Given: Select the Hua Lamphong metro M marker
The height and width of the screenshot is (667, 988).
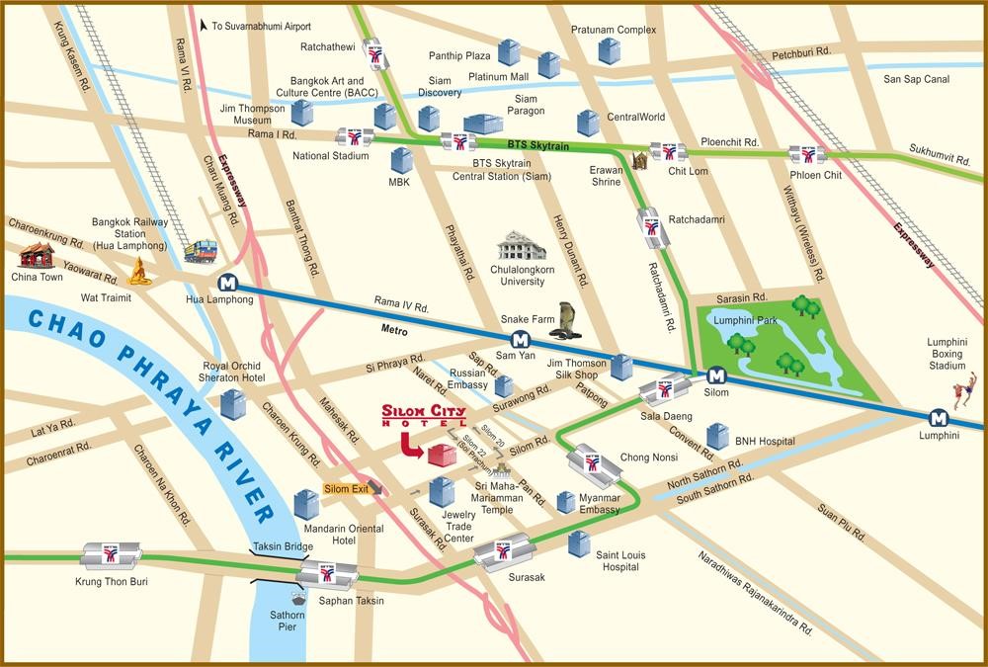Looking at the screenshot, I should tap(228, 282).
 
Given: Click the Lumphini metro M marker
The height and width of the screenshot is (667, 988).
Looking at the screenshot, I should tap(935, 417).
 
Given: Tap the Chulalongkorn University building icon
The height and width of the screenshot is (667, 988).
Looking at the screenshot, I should tap(522, 246).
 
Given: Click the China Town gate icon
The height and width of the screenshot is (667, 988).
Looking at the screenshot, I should tap(37, 255).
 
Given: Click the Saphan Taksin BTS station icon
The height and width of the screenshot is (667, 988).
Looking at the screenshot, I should tap(326, 574).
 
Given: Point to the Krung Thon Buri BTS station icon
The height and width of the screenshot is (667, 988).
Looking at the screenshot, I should tap(110, 555).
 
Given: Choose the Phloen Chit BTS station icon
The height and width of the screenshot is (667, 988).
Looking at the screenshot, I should tap(807, 154).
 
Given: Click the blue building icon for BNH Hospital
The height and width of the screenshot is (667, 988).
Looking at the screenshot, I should tap(718, 436).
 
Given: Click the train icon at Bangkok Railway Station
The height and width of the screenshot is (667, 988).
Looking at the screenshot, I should tap(200, 252).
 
